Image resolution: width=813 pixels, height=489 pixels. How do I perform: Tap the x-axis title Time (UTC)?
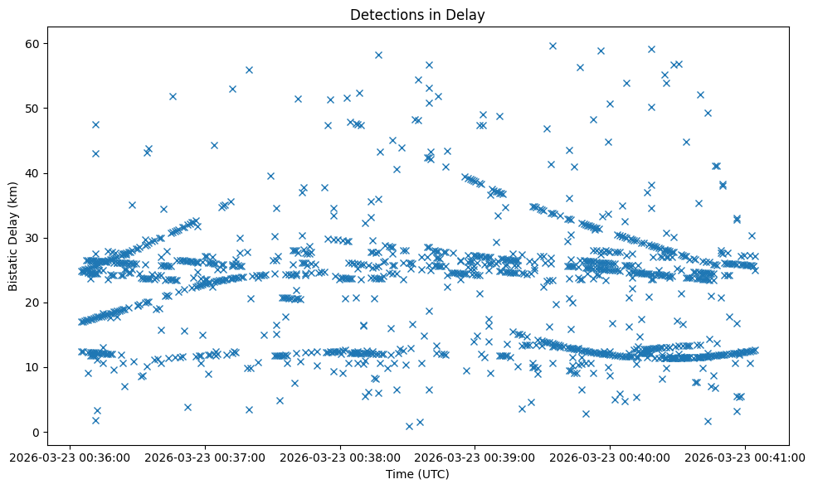click(x=417, y=474)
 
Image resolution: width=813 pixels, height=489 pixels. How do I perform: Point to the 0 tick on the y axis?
click(x=37, y=432)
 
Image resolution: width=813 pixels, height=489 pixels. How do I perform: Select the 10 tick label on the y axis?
click(x=33, y=367)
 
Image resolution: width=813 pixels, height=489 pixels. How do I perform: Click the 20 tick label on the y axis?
click(x=33, y=303)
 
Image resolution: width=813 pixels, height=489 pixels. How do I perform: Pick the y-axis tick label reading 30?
click(x=33, y=238)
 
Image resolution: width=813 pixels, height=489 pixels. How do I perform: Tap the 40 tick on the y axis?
click(x=33, y=173)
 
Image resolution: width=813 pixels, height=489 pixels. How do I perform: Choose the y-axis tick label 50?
click(x=33, y=108)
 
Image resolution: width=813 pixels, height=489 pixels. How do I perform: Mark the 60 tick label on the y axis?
click(x=33, y=43)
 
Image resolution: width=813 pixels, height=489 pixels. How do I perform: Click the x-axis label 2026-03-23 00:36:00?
click(x=70, y=457)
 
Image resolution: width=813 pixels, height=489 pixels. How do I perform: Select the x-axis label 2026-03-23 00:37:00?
click(x=205, y=457)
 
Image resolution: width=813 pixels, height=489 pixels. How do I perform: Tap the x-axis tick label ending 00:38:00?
click(x=340, y=457)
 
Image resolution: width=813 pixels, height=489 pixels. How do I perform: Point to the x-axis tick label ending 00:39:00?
click(x=475, y=457)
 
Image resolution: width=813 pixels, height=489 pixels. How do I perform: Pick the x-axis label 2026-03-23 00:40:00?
click(x=611, y=457)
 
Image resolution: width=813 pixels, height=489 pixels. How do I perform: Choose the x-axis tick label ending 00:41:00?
click(x=746, y=457)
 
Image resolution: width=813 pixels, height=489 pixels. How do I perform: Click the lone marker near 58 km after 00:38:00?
click(x=378, y=55)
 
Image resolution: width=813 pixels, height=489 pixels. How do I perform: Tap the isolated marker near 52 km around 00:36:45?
click(x=173, y=96)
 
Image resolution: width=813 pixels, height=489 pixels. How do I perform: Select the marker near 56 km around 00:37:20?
click(x=249, y=70)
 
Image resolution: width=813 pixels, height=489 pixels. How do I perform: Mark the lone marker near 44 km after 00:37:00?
click(x=214, y=145)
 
